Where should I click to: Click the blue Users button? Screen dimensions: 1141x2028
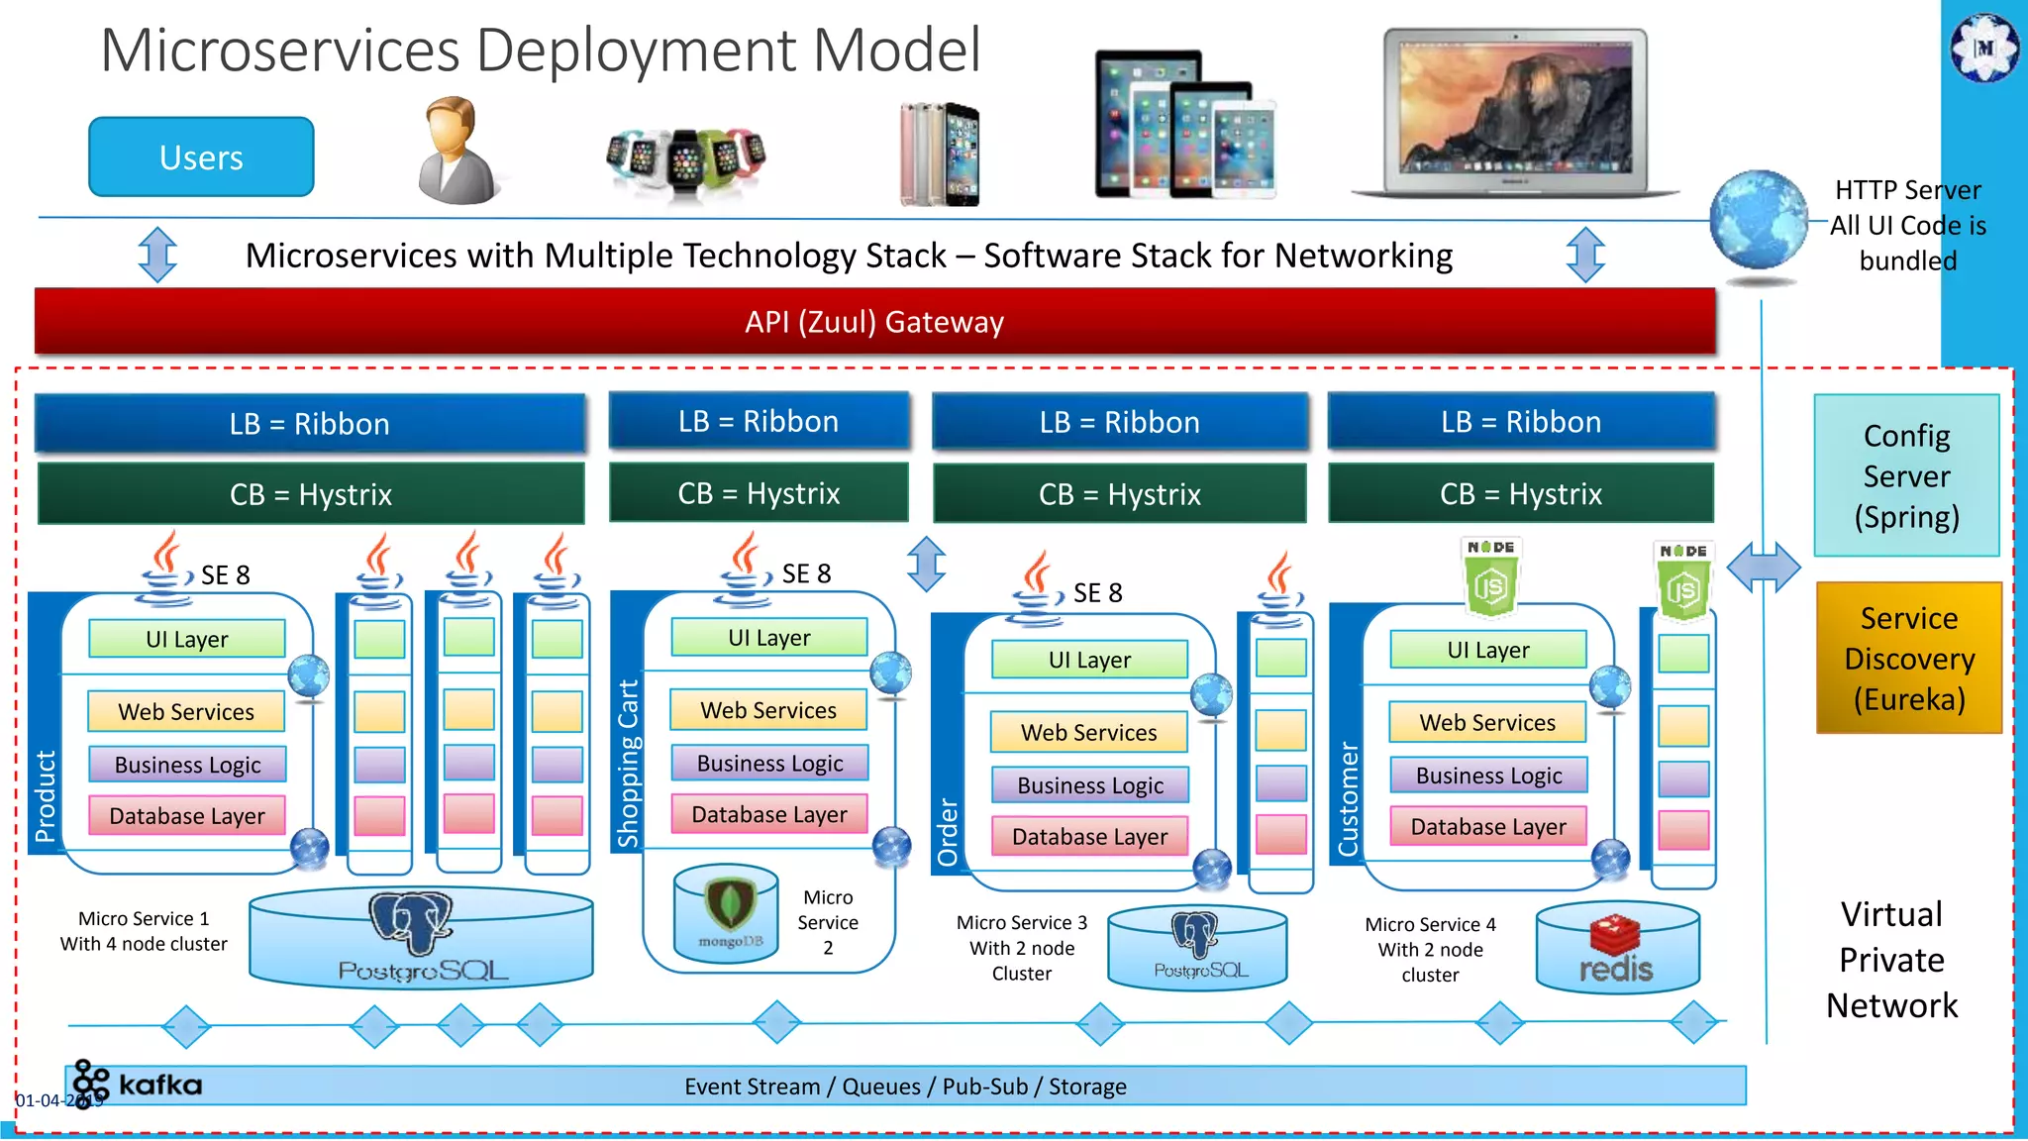(201, 157)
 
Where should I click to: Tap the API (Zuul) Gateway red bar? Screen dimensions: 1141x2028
(874, 322)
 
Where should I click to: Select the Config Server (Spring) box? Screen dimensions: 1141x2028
(1906, 476)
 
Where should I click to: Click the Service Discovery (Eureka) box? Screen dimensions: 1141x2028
(1908, 659)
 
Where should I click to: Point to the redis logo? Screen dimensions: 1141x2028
(1616, 951)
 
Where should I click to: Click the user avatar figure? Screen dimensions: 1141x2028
(457, 151)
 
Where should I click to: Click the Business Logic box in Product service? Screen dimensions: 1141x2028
(187, 765)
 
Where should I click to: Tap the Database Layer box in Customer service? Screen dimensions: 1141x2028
(1487, 827)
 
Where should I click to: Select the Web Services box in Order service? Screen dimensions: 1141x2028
(1088, 733)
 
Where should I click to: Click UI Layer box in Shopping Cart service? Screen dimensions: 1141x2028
(768, 638)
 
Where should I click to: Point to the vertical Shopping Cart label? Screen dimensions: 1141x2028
(628, 763)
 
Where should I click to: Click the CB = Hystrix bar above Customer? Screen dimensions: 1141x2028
(1520, 494)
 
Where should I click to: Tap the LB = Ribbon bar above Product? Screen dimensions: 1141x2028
(309, 424)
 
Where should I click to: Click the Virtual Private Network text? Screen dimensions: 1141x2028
(1891, 960)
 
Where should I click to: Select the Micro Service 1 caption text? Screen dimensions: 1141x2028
(144, 931)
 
